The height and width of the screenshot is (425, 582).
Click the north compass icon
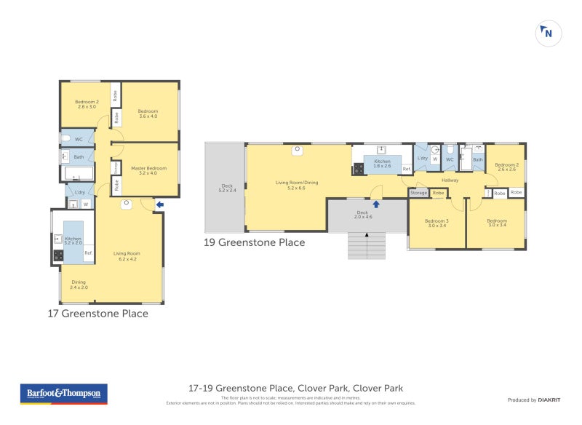[548, 33]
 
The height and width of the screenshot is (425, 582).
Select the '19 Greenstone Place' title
[255, 242]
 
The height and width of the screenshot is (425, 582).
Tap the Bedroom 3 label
[437, 223]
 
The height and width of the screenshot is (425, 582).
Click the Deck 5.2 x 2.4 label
[228, 187]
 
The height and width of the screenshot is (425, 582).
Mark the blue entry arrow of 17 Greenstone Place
[160, 205]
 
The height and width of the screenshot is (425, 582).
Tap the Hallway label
[450, 180]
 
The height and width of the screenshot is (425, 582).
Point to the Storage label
[418, 193]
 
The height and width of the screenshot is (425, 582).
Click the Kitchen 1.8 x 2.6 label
[382, 163]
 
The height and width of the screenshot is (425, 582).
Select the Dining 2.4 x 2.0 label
[79, 285]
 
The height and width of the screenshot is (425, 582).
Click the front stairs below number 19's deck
[367, 246]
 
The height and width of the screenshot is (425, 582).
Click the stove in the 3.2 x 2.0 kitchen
[58, 255]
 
